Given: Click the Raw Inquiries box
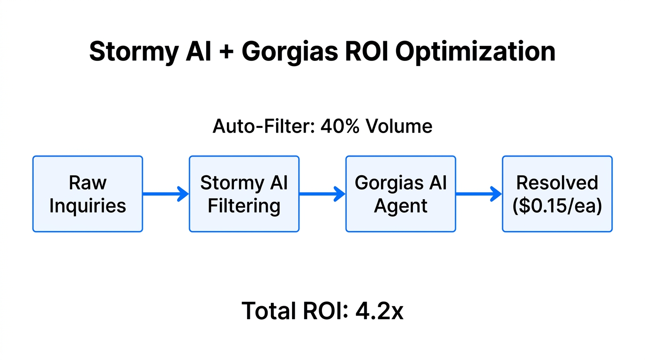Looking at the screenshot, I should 88,194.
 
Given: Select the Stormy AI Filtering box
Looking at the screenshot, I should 244,194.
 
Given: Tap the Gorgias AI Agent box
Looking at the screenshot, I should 400,194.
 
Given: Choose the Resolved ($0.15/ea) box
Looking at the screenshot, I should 557,194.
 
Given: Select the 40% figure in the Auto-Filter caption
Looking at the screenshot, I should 337,126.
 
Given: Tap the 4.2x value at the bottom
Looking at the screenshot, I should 379,311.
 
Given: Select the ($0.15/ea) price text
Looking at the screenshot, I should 557,206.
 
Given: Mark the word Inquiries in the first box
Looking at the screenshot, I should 88,206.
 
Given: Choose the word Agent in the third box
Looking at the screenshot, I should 400,206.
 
